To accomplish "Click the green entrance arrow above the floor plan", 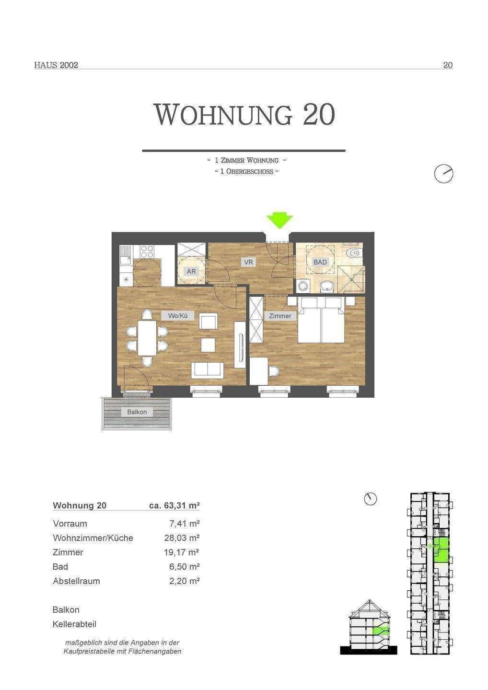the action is click(279, 221).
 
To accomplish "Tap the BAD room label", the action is click(320, 262).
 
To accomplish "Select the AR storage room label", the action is click(191, 272).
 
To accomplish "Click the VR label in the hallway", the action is click(248, 262).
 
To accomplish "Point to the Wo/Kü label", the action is click(178, 316).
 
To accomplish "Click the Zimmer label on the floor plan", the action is click(280, 316).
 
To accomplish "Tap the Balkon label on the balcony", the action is click(137, 412).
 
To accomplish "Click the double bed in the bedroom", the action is click(321, 320).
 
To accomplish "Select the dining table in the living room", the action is click(147, 338).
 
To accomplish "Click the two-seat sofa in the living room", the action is click(208, 370).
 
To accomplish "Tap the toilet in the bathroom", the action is click(353, 253).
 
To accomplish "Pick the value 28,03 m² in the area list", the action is click(182, 538).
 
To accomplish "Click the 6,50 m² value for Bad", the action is click(184, 566).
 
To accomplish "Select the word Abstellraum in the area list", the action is click(76, 581).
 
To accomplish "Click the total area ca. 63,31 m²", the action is click(174, 505).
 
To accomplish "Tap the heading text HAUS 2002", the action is click(56, 65).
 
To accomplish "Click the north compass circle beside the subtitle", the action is click(443, 174).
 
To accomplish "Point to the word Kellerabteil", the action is click(74, 624).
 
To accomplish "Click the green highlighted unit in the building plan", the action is click(441, 550).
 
